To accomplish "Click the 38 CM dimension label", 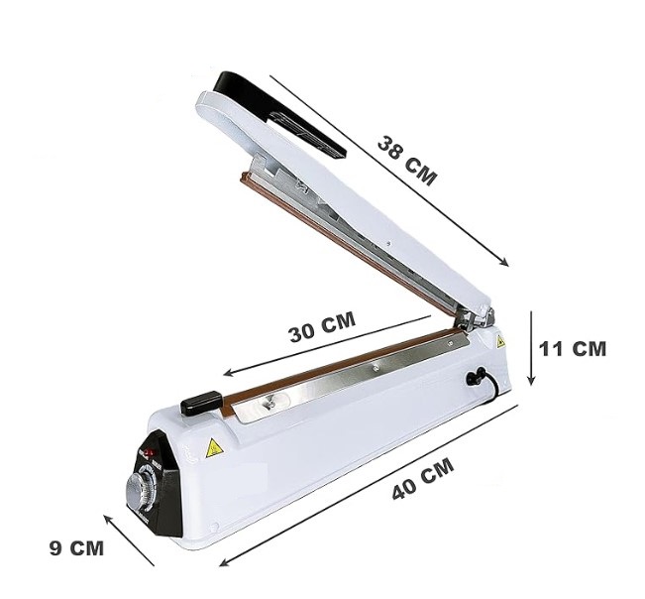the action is tap(406, 161).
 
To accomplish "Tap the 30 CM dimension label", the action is tap(322, 327).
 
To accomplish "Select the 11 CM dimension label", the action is tap(573, 348).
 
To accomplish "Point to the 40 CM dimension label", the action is tap(423, 479).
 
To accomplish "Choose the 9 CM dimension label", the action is tap(76, 548).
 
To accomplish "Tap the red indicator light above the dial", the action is tap(149, 453).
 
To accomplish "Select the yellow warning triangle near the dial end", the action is tap(214, 448).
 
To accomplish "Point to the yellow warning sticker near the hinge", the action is tap(500, 341).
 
